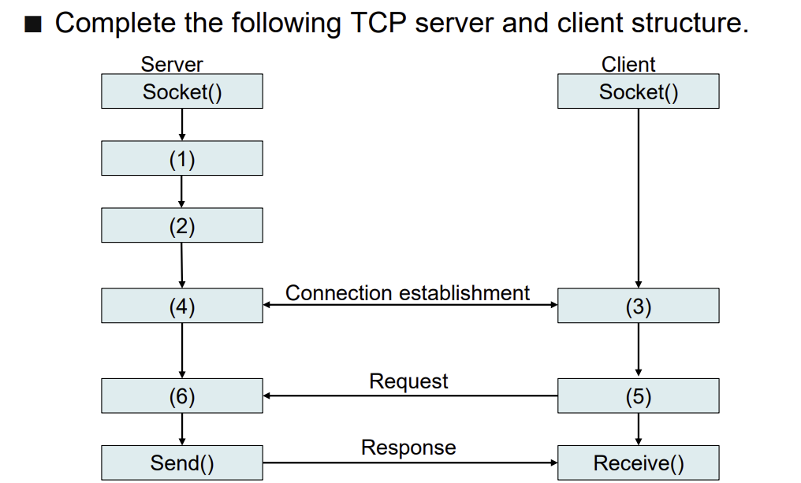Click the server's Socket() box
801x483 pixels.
pos(182,91)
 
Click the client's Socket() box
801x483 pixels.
pos(638,91)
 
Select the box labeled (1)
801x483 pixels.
pos(182,158)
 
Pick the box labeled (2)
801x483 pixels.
pos(182,225)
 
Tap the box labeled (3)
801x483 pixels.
pos(638,305)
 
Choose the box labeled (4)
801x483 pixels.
pos(182,305)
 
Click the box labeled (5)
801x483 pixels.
pos(638,396)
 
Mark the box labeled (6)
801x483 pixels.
pos(182,396)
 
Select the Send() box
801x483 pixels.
pos(182,463)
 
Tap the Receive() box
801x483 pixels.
pos(638,463)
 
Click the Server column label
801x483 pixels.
pos(172,65)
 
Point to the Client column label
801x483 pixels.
pos(628,65)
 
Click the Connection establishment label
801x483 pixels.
pos(407,293)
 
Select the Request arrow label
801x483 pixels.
pos(408,381)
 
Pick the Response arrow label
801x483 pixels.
pos(408,448)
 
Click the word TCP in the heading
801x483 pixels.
pos(378,23)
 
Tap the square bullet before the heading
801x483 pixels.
pos(32,24)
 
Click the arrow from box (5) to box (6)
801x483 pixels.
pos(410,396)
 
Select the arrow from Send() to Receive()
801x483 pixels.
pos(410,463)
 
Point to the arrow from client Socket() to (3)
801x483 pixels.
pos(638,198)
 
